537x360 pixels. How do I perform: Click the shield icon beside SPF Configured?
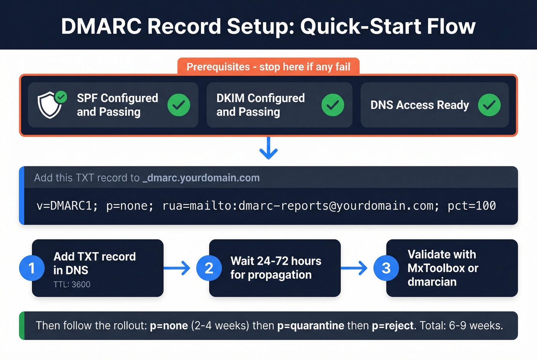click(x=50, y=105)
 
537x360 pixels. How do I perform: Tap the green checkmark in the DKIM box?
click(x=333, y=105)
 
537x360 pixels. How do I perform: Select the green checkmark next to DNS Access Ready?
click(x=489, y=105)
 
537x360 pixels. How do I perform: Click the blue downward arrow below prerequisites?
click(x=268, y=148)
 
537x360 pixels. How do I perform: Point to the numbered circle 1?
click(x=32, y=268)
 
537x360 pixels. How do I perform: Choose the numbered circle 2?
click(x=209, y=268)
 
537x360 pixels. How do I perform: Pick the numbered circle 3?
click(x=386, y=268)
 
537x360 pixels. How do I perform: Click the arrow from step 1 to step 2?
click(x=177, y=268)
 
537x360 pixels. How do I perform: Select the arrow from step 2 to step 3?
click(x=354, y=268)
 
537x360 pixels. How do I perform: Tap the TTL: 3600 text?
click(x=72, y=284)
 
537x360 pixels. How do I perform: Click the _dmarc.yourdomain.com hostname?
click(x=201, y=178)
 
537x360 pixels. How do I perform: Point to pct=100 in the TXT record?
click(x=472, y=206)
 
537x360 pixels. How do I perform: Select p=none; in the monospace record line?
click(x=130, y=206)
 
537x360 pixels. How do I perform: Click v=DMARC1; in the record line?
click(x=67, y=206)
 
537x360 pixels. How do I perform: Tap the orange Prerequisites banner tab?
click(x=268, y=67)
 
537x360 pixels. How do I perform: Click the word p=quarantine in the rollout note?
click(x=311, y=326)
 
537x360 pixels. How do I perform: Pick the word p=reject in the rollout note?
click(x=393, y=326)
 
